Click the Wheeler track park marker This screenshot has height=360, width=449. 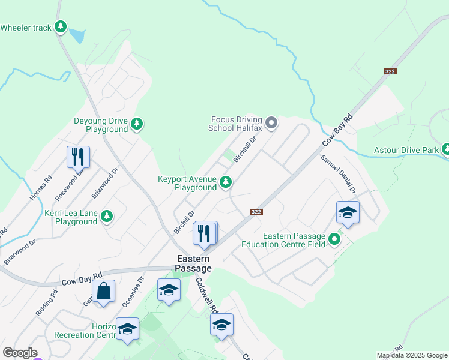click(x=60, y=27)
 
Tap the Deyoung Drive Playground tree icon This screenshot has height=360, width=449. click(x=137, y=124)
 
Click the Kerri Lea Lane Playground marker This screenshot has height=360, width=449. click(x=107, y=216)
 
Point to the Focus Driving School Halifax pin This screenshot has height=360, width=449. click(x=271, y=124)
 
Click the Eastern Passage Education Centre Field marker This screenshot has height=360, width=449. click(x=334, y=239)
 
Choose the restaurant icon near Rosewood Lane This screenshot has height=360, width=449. click(x=78, y=157)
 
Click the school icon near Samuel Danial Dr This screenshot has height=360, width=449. click(x=348, y=212)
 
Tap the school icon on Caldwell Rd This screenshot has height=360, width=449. click(x=221, y=325)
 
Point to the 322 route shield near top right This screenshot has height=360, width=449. click(x=390, y=71)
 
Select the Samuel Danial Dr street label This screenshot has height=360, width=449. click(x=339, y=173)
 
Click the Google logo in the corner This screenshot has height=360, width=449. click(x=20, y=353)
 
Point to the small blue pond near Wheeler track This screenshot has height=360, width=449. click(x=77, y=36)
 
